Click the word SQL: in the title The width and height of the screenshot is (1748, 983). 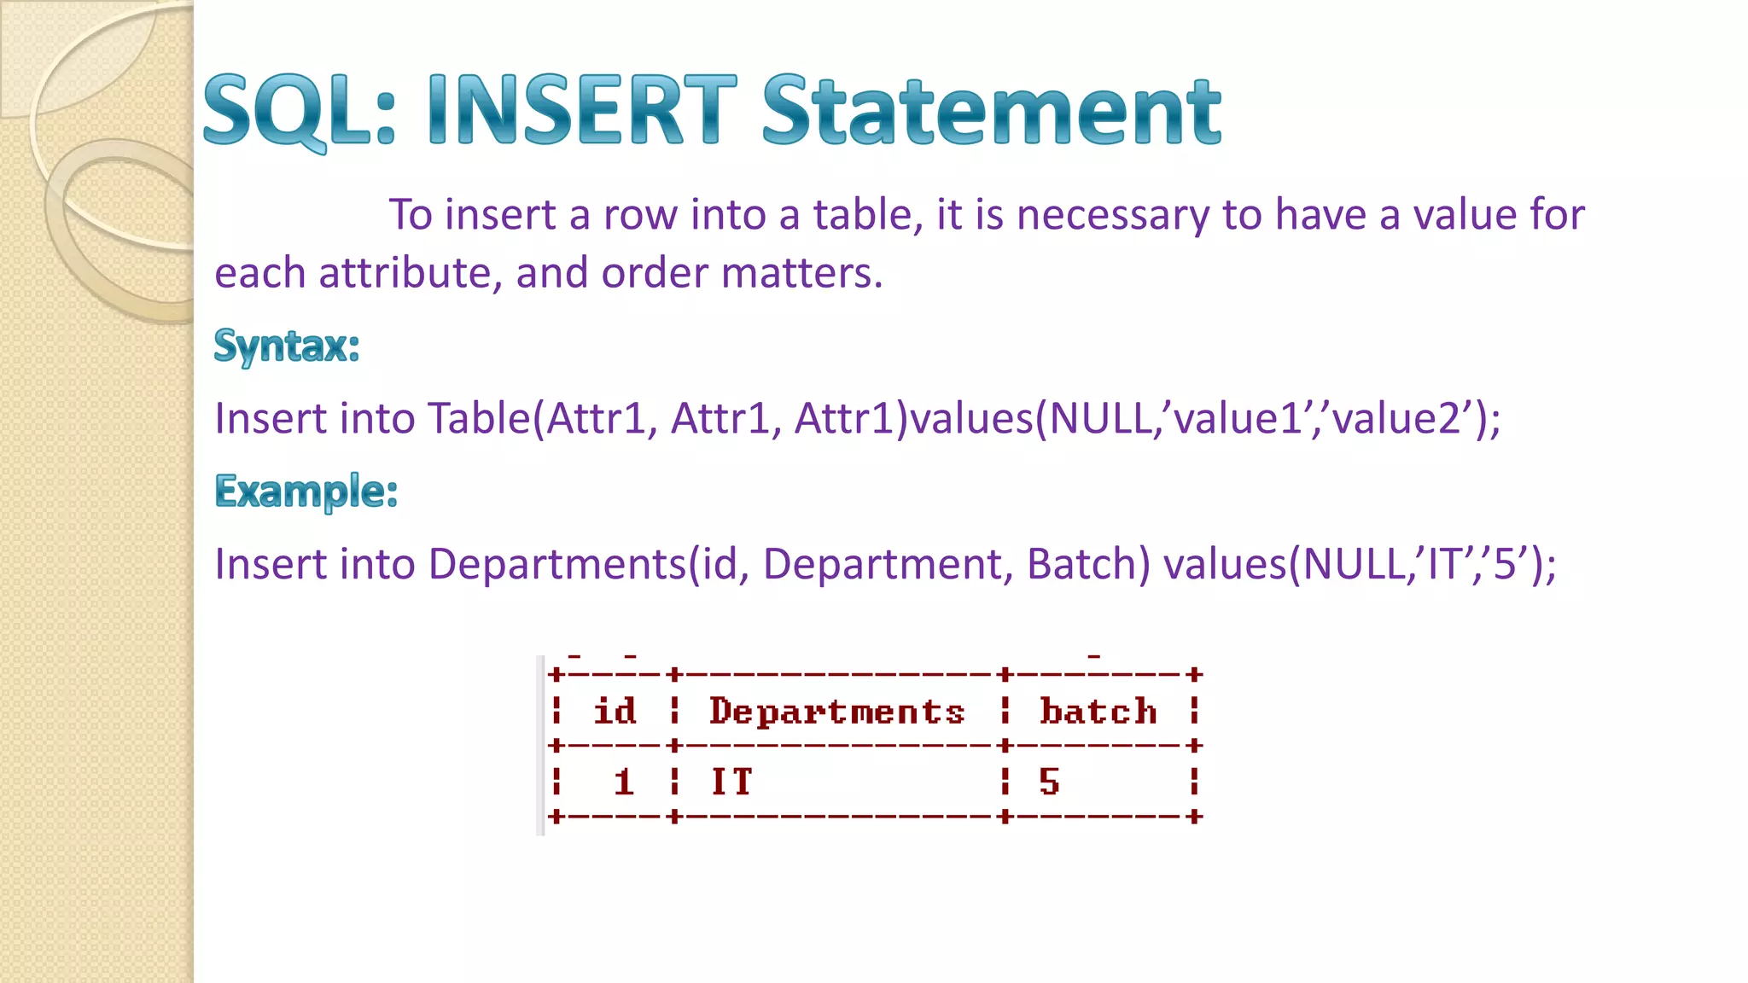pos(300,111)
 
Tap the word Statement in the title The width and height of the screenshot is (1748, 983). pos(991,111)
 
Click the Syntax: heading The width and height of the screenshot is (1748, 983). pos(287,346)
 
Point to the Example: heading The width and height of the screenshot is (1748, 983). pos(306,491)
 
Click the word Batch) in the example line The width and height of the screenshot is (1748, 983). pos(1088,564)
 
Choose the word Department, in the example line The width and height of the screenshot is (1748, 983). pos(888,564)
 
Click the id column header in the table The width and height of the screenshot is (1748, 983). pos(615,711)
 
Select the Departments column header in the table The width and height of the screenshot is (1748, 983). pos(836,711)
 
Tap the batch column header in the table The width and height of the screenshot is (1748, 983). pos(1098,711)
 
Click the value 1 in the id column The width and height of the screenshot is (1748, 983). pos(624,782)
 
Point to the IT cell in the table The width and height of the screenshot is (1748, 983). pos(731,782)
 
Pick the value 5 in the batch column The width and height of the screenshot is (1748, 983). pos(1049,782)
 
